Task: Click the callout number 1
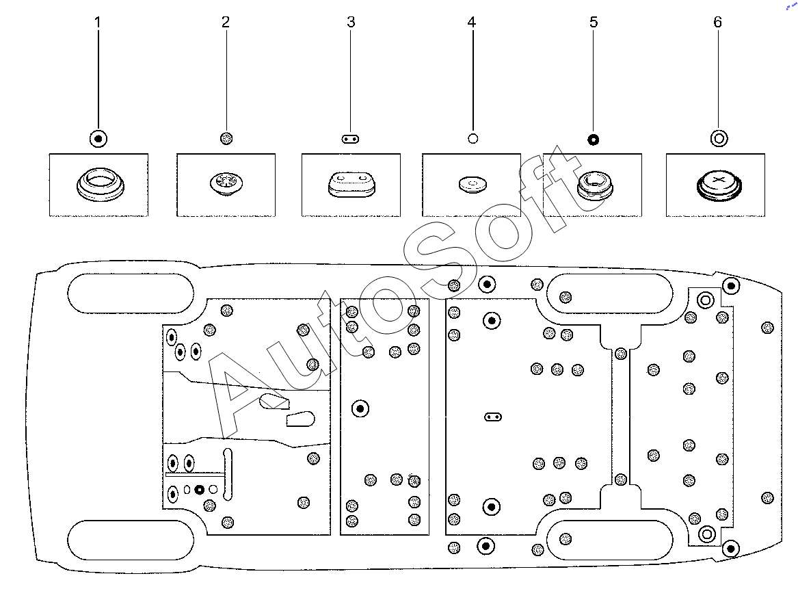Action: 98,23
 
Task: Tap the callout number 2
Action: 226,22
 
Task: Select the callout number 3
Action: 351,22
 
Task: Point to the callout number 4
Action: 472,23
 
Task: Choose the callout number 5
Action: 594,23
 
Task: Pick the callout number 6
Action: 717,22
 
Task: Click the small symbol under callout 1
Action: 98,138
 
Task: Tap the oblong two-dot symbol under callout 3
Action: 350,139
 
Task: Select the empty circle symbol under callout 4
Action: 473,138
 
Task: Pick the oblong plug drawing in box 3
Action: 351,185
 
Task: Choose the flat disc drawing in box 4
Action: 473,184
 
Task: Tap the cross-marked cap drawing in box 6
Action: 719,185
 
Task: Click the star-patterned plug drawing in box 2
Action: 226,183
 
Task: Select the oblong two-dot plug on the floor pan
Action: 492,417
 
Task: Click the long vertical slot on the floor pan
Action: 228,475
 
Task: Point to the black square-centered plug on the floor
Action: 200,490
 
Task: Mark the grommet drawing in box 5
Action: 594,185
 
